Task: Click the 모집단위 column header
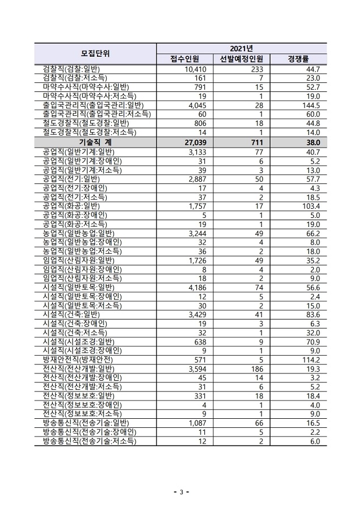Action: (95, 54)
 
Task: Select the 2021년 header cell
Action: (241, 48)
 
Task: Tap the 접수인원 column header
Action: (184, 60)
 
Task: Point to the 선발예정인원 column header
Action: (241, 60)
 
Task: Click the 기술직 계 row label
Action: (95, 143)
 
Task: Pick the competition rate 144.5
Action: (311, 106)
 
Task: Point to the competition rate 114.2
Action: (311, 359)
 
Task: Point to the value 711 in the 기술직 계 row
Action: (256, 143)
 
